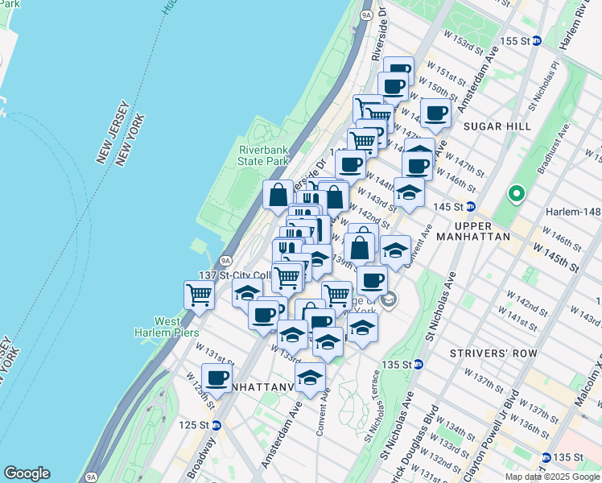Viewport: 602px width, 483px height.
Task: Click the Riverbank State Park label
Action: [x=263, y=155]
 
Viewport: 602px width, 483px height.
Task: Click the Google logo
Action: [x=27, y=473]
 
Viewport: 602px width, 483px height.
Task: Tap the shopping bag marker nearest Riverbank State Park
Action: [x=278, y=194]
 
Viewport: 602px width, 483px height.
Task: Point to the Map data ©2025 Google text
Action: [x=551, y=477]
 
